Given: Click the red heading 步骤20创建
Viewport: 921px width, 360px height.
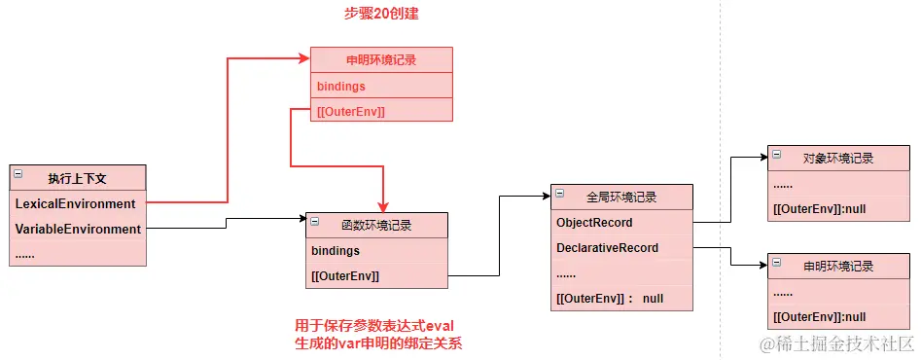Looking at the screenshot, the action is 381,14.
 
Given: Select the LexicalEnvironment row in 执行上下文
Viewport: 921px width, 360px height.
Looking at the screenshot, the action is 78,203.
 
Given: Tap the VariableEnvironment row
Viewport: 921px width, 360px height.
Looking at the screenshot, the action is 78,229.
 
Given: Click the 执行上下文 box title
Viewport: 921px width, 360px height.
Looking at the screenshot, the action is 78,178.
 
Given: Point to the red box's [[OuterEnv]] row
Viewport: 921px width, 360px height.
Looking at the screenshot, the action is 381,110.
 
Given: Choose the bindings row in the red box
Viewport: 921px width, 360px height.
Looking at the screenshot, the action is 381,86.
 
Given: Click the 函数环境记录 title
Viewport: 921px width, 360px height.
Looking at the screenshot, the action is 376,225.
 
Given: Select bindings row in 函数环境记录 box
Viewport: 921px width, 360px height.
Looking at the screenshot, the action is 376,251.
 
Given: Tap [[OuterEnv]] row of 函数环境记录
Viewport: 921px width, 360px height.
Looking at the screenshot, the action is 376,275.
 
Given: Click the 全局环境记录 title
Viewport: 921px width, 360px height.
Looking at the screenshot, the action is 621,198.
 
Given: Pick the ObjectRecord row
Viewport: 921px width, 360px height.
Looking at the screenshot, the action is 621,223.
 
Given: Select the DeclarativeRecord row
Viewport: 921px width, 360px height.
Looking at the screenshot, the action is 621,248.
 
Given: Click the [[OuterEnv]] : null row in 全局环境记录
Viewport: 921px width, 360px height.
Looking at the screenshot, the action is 621,299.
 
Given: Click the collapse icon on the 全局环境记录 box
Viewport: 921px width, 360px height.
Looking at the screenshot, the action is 559,193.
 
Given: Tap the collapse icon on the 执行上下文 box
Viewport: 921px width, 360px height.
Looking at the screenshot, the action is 18,174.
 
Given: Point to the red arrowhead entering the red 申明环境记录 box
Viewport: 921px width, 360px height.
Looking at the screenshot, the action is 304,58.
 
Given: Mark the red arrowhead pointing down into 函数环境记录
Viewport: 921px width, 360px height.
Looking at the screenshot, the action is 383,206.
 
